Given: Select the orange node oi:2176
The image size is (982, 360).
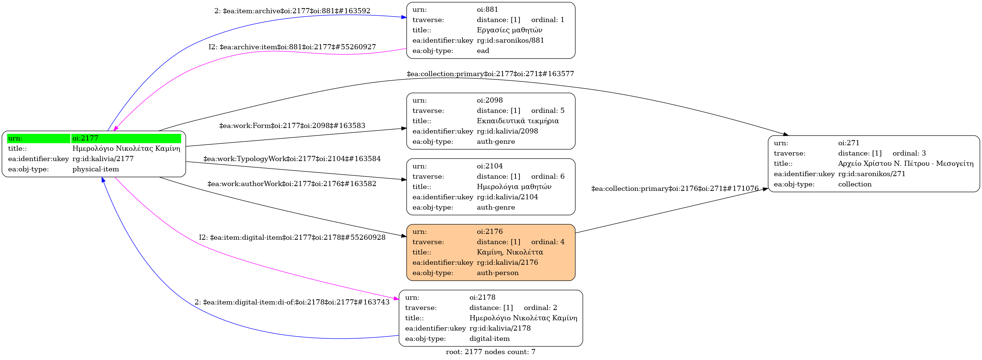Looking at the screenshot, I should coord(490,252).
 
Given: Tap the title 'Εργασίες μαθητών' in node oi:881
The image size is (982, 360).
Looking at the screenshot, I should coord(509,30).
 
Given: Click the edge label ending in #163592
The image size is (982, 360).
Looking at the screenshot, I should coord(292,11).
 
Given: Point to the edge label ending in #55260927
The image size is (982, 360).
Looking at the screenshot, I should coord(292,47).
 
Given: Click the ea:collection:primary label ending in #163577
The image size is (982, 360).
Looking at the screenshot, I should coord(490,74).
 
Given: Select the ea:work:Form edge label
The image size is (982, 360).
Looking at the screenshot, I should coord(292,125).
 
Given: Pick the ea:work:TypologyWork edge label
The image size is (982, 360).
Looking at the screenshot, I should coord(292,158).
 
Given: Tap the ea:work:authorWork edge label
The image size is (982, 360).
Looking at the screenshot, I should coord(292,184).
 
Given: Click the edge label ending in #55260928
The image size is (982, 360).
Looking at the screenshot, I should coord(292,238).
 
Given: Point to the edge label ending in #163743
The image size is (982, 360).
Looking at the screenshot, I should coord(292,302).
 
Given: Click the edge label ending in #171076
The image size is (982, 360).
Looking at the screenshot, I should coord(675,189).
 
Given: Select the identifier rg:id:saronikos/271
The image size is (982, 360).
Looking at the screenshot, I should coord(871,174).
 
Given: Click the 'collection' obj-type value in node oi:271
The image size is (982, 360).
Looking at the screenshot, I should coord(855,184).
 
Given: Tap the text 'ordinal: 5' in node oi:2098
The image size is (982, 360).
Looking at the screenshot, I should coord(547,111).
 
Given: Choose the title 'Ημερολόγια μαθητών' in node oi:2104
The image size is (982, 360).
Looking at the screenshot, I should coord(514,187).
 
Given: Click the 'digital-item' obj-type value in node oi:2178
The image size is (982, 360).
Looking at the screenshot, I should coord(489,339).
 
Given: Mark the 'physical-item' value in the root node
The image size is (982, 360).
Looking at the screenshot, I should coord(96,169).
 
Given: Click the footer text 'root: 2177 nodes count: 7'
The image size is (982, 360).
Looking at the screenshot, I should coord(490,352).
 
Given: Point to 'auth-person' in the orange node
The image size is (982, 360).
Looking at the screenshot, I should coord(497,273).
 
